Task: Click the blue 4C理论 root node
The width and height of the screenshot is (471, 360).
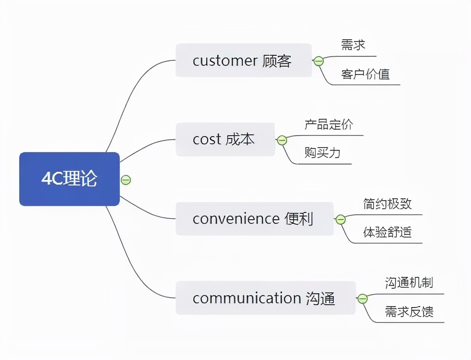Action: click(69, 179)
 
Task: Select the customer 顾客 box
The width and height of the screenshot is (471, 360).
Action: click(243, 60)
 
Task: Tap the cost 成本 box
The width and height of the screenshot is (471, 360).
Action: click(225, 139)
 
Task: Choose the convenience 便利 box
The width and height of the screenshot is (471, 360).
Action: click(254, 219)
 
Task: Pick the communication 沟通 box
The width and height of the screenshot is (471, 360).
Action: click(265, 298)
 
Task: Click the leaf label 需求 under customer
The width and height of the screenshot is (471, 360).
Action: click(353, 45)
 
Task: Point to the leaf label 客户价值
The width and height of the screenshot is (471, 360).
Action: click(365, 74)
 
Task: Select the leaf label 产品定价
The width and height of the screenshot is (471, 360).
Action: click(329, 124)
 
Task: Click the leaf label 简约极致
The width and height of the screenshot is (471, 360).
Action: click(387, 204)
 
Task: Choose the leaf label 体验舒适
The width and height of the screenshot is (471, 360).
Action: click(387, 233)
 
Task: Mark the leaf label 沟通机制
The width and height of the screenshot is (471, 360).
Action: click(409, 283)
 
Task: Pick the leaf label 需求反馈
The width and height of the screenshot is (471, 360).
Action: click(409, 312)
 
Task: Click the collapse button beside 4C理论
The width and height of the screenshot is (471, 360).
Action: click(126, 180)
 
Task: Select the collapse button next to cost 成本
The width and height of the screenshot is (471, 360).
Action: click(282, 140)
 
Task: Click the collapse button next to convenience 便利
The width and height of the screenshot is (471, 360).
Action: click(341, 220)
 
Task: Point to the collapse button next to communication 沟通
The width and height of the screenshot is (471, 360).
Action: click(363, 299)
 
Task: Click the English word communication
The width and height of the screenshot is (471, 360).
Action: click(246, 298)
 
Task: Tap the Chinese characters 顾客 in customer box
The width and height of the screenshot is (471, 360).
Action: click(277, 60)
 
